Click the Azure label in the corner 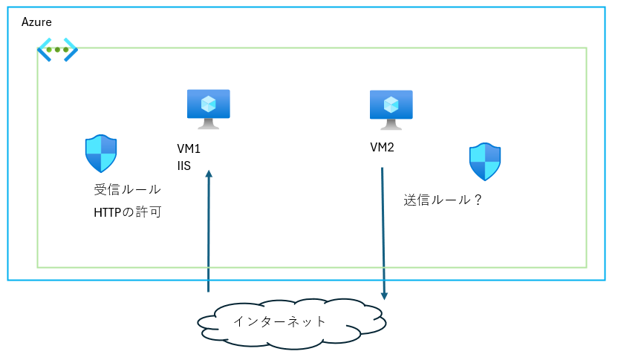click(x=36, y=22)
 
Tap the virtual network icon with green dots click(x=57, y=50)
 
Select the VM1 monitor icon click(x=208, y=108)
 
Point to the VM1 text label click(x=189, y=149)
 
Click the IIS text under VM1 click(x=184, y=166)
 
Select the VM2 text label click(x=382, y=147)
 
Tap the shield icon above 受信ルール click(x=101, y=154)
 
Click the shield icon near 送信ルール click(x=484, y=162)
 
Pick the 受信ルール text click(x=128, y=190)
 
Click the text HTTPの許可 click(x=128, y=213)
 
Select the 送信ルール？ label click(x=443, y=200)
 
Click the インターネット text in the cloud click(x=279, y=321)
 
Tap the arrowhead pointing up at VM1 click(x=209, y=174)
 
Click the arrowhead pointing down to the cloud click(x=384, y=295)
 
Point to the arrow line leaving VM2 click(x=383, y=230)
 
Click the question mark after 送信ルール click(x=478, y=200)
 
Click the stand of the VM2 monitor click(x=391, y=125)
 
